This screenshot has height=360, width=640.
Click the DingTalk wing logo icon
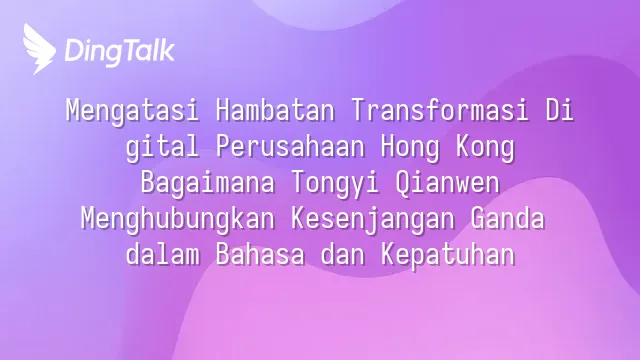39,49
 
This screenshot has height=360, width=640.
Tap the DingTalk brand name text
120,51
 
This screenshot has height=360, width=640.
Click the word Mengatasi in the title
133,111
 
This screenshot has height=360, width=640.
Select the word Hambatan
275,110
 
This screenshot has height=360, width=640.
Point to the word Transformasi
440,110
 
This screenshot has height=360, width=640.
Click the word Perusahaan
290,146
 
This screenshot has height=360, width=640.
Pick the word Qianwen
447,182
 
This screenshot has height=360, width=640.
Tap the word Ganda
507,218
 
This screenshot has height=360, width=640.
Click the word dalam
163,254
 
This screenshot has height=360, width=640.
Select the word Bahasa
260,254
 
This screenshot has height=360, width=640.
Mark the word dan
342,254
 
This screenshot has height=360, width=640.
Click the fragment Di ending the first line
560,110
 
